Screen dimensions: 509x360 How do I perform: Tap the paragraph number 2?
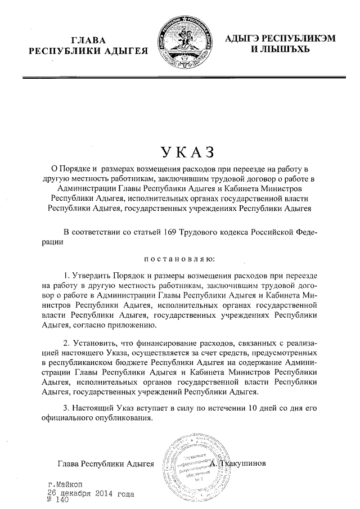(66, 343)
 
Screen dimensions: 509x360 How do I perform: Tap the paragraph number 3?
(66, 407)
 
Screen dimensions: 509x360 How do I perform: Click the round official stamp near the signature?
(191, 463)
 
